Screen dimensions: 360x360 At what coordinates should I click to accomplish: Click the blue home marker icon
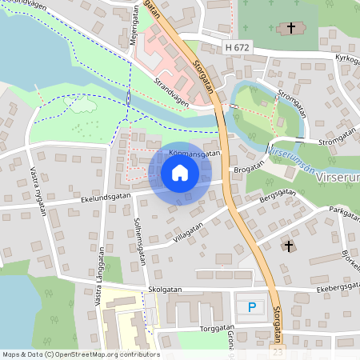coord(180,173)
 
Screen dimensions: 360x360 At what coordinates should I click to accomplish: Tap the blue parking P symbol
coord(253,307)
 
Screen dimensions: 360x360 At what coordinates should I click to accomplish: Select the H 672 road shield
coord(238,49)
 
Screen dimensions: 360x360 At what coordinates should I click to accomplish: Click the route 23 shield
coord(278,350)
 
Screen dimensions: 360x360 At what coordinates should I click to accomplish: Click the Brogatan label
coord(247,170)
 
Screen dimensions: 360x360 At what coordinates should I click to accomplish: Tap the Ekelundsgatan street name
coord(104,193)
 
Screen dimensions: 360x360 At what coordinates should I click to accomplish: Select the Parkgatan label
coord(344,211)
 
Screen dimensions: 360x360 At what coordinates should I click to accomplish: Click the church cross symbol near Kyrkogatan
coord(291,30)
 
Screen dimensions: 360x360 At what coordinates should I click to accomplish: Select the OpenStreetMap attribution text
coord(81,354)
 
